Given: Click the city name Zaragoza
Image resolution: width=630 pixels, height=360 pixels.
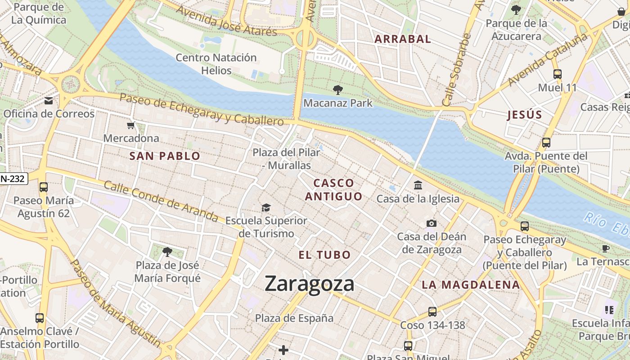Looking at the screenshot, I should pos(310,283).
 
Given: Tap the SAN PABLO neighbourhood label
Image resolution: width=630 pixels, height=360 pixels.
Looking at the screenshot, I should pos(165,156).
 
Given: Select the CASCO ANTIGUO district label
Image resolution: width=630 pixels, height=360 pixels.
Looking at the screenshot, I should pos(333,189).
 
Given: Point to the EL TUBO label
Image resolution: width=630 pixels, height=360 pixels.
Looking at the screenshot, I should pos(324,255).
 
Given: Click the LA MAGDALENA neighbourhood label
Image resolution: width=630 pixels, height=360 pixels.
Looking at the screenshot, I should pos(471,284).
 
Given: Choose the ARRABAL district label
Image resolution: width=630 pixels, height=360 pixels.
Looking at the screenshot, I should pos(403,39).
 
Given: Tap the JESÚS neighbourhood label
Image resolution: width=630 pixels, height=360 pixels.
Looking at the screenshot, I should pos(525,115).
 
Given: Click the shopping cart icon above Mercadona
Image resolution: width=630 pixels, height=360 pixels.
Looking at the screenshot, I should pos(131,125).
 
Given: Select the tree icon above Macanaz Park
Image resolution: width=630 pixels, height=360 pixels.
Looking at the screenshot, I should pos(337,90).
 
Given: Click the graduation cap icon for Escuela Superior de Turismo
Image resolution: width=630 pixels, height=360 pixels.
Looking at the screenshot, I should pos(266,207).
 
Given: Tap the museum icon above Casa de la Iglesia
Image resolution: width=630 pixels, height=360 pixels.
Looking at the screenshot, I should pos(418,185).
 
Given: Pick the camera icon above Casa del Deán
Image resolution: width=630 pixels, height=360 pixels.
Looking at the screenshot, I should pos(431,223).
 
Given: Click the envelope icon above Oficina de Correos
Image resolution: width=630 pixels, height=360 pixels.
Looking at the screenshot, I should pos(49,101).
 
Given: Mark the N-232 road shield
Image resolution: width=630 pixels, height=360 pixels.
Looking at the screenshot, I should pos(13,179).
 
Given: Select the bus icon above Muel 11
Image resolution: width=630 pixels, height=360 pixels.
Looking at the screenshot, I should pos(557,74).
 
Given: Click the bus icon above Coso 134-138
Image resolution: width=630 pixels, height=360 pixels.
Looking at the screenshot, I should pos(432,311).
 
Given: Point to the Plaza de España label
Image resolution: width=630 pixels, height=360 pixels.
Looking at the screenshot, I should pos(294,318).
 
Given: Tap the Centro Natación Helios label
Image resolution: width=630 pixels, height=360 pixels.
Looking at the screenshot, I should pos(216,64).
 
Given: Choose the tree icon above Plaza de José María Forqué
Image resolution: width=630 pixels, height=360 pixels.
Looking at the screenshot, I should pos(167,252).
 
